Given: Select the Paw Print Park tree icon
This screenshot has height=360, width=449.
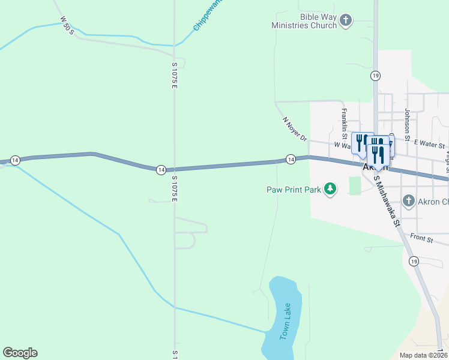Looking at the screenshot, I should [x=330, y=190].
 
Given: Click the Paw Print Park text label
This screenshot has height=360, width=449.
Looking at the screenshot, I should [x=293, y=190].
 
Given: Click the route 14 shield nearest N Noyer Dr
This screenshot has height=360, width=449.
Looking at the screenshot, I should [x=291, y=159].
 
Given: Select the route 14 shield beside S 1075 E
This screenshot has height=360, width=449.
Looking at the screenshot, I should [x=161, y=170].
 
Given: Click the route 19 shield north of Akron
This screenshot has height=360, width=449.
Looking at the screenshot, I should [x=375, y=76].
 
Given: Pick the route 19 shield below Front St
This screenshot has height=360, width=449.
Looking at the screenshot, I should [x=414, y=261].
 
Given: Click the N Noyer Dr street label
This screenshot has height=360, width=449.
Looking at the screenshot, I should [x=295, y=128].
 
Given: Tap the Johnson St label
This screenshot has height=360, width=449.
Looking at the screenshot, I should [x=407, y=122].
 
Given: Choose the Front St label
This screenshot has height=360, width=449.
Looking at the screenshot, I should [x=422, y=238].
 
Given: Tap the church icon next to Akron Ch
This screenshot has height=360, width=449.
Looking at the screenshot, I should [x=409, y=200].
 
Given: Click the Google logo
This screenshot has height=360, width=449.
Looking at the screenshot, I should [x=20, y=353].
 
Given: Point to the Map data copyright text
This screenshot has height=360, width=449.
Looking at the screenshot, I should [x=422, y=355].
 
